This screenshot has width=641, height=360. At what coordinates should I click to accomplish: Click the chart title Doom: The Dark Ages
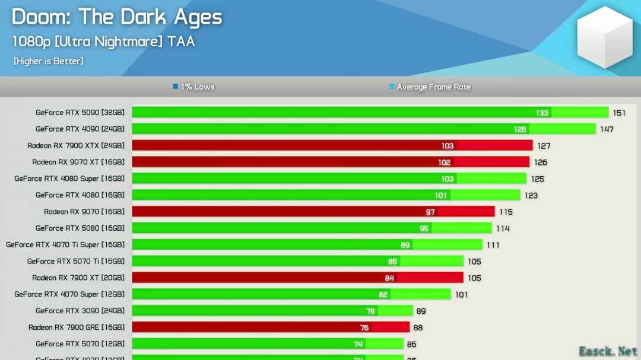[116, 17]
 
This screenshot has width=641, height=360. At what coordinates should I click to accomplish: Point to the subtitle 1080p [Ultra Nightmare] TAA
[103, 42]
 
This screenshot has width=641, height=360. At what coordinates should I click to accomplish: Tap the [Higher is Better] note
[49, 61]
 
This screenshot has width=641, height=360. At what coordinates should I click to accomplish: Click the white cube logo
[605, 37]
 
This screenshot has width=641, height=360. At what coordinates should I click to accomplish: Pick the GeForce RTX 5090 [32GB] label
[80, 112]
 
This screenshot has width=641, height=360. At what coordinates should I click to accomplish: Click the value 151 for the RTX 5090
[620, 113]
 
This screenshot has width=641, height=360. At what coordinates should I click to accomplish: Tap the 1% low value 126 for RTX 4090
[520, 129]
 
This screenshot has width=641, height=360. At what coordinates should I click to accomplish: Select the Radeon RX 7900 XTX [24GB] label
[76, 145]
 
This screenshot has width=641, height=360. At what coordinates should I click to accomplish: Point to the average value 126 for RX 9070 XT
[540, 163]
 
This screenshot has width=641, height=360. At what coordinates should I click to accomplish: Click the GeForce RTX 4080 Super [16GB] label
[69, 179]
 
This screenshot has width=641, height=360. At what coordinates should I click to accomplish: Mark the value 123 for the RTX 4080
[531, 195]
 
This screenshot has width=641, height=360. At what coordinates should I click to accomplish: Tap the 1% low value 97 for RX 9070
[430, 212]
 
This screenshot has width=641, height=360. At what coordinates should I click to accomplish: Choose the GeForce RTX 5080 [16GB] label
[80, 228]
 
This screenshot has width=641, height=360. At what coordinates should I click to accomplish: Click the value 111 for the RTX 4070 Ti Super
[493, 245]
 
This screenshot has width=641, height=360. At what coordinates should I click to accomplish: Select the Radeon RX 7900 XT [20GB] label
[78, 278]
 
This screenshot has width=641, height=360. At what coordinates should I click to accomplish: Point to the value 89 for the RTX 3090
[420, 311]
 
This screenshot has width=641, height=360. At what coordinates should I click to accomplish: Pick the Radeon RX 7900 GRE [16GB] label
[77, 327]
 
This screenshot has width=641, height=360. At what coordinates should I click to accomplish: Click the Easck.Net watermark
[608, 351]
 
